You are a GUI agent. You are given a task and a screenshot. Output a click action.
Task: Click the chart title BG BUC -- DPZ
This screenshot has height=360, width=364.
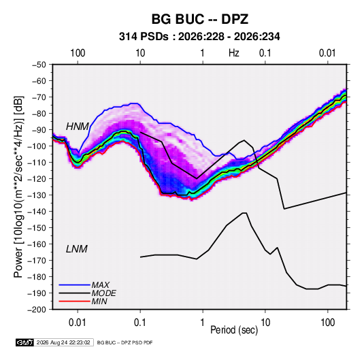click(200, 19)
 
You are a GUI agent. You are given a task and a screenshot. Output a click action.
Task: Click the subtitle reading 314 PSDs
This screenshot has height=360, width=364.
click(144, 37)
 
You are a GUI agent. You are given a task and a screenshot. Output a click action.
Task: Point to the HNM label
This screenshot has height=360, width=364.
click(78, 127)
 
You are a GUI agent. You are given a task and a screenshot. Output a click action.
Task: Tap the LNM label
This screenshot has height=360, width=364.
click(77, 249)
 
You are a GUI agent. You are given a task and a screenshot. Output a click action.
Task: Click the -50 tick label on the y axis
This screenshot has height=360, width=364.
click(39, 65)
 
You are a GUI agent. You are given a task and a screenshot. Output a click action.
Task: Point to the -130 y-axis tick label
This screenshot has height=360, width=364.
click(37, 195)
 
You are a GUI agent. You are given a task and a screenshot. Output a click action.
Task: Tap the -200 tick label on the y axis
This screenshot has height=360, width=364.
click(37, 310)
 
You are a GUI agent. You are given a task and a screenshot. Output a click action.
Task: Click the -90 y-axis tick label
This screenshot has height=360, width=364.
click(39, 130)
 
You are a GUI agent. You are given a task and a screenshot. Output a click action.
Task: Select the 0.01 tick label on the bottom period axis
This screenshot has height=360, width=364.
click(78, 323)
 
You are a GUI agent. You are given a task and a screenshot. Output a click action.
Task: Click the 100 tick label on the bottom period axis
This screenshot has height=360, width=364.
click(327, 323)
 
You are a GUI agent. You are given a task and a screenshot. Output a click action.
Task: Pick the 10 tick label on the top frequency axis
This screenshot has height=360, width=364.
click(140, 53)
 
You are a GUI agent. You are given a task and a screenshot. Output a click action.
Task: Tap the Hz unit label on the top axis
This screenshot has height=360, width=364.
click(234, 53)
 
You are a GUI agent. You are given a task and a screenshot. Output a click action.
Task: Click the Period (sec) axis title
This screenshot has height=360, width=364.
click(234, 330)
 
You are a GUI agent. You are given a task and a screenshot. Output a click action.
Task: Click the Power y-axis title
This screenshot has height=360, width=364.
click(18, 187)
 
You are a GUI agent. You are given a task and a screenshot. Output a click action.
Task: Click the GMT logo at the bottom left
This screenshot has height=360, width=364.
click(24, 342)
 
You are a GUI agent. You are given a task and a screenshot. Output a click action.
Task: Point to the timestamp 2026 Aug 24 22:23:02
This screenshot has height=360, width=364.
click(63, 342)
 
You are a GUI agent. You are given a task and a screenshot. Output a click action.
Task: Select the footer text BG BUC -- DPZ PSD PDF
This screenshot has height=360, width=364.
click(125, 342)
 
